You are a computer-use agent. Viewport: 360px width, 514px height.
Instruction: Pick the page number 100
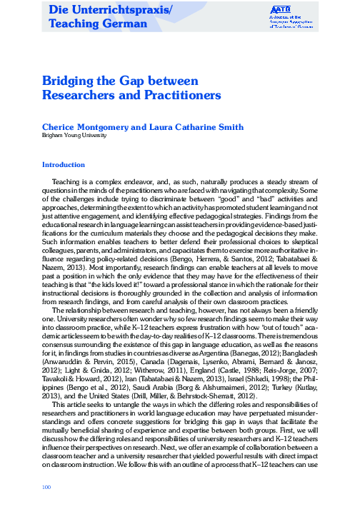pos(48,487)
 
